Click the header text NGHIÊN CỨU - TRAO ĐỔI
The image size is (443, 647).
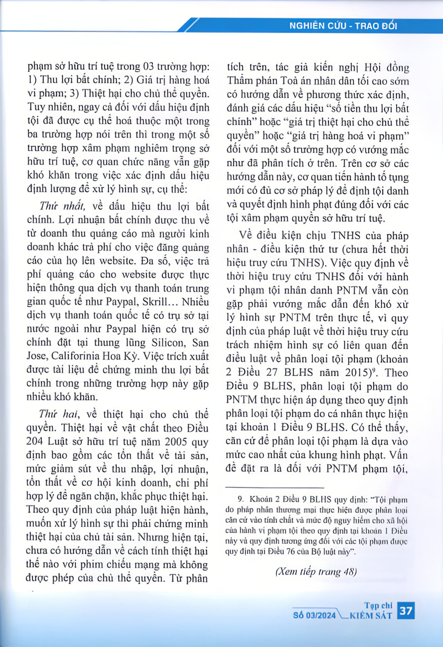(343, 26)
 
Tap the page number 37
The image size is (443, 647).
(406, 611)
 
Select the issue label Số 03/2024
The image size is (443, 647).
(314, 615)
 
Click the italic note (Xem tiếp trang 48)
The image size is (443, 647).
(316, 572)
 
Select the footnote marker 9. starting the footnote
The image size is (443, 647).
(240, 499)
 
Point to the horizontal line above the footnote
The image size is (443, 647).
(275, 487)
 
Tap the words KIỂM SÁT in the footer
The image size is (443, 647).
(371, 616)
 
